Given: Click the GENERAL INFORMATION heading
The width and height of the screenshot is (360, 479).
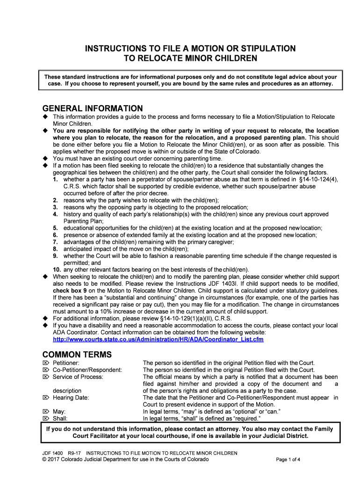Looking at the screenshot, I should pos(93,109).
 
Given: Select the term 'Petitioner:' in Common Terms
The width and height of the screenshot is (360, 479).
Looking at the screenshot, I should pos(65,363).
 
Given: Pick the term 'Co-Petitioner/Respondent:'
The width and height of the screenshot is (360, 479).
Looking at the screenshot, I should pos(87,370).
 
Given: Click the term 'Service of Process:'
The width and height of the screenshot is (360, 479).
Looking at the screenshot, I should pos(78,377).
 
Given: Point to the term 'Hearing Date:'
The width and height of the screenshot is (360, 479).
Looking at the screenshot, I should pos(71,398).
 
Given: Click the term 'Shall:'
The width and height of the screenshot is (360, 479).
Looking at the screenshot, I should pos(60,419).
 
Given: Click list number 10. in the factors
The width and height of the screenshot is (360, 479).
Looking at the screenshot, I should pos(56,269).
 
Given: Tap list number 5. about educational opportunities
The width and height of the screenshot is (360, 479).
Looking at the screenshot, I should pos(55,228).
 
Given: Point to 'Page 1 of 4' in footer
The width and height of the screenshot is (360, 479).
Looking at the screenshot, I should pos(288,460).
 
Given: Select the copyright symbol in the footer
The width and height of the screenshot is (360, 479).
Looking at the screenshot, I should pos(44,459).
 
